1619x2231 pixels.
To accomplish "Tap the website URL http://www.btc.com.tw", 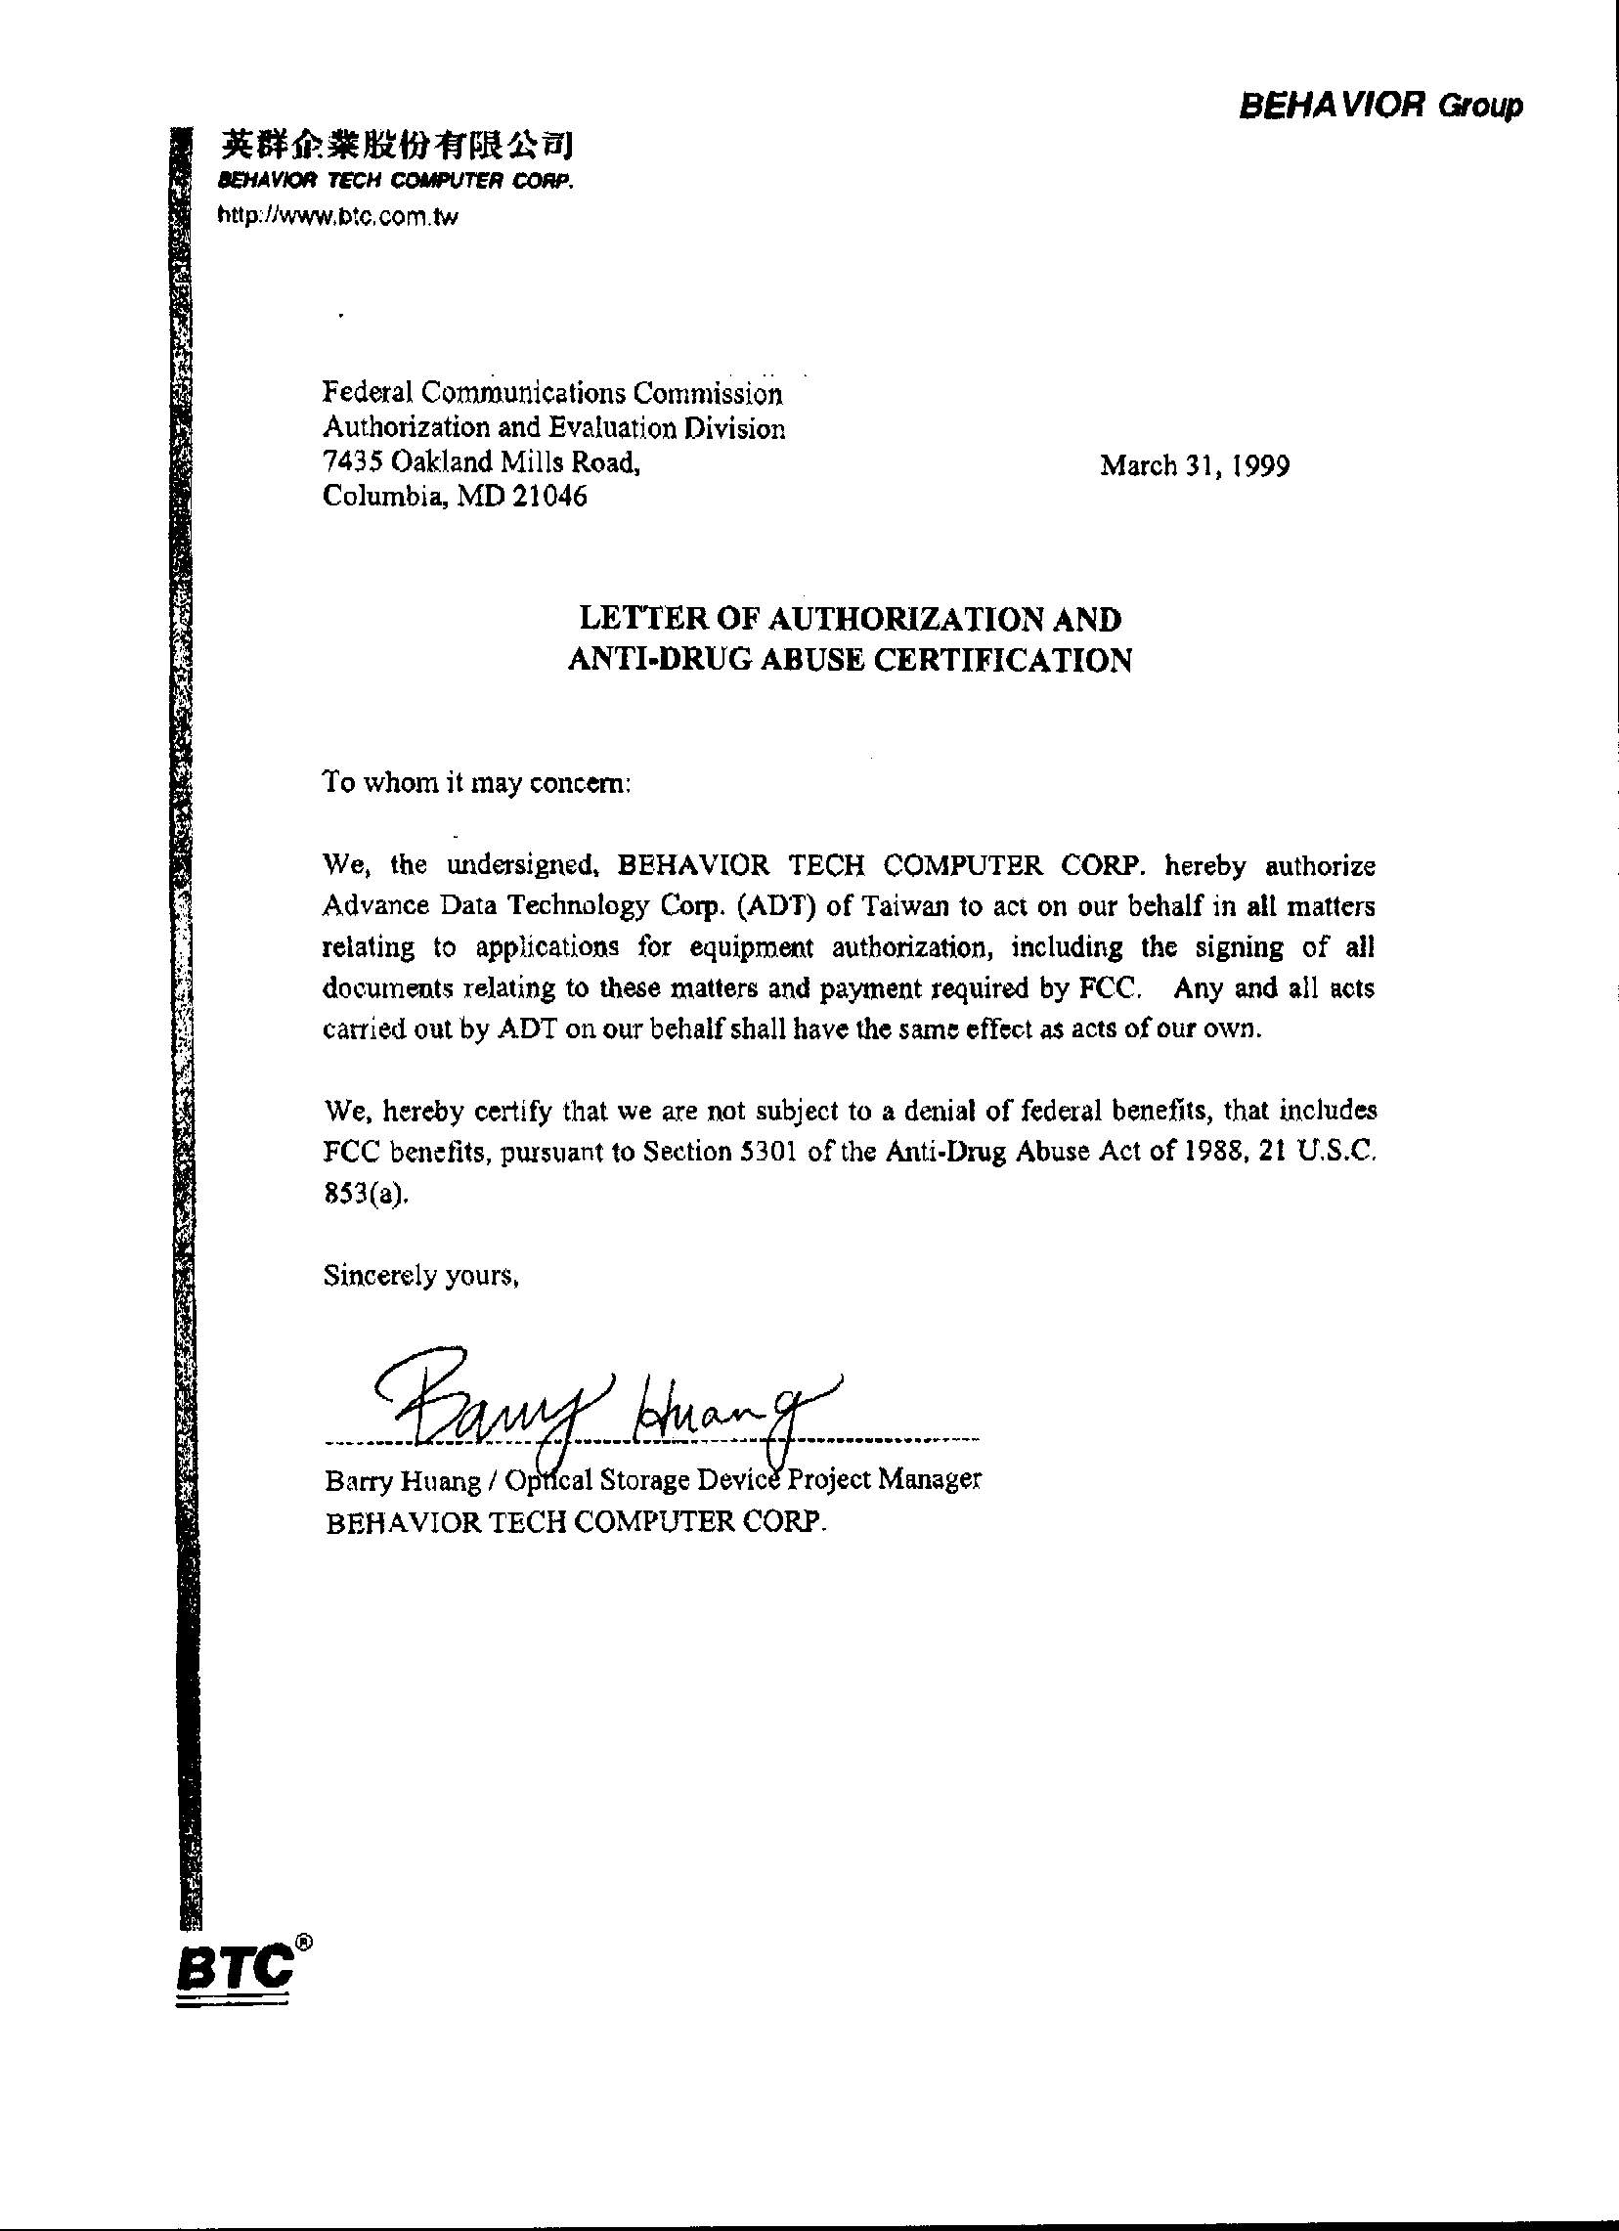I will tap(337, 217).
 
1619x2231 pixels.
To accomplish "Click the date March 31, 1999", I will tap(1194, 464).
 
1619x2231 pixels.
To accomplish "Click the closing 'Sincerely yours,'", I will tap(421, 1276).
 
